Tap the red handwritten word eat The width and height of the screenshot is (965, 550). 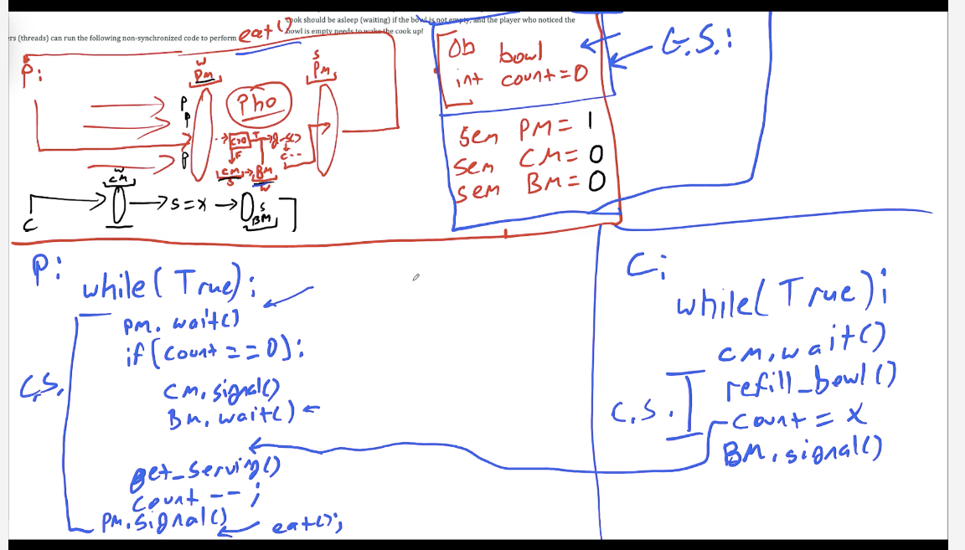coord(255,33)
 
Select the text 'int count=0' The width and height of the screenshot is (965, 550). coord(519,79)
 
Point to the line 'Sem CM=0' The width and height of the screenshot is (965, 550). coord(524,158)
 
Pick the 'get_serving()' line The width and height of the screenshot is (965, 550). coord(204,476)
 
